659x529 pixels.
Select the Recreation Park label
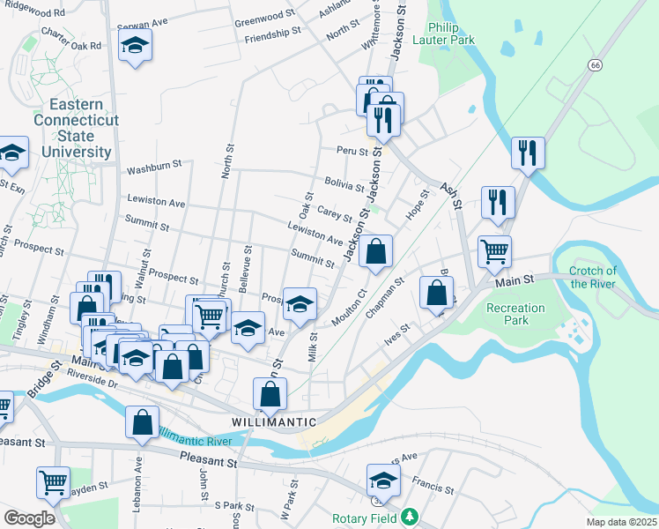[x=515, y=314]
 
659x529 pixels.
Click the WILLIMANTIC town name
[x=274, y=422]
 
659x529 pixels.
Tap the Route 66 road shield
[x=596, y=65]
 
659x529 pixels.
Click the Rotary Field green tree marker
[x=408, y=517]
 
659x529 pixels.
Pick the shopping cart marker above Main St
[x=494, y=252]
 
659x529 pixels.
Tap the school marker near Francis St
[x=383, y=481]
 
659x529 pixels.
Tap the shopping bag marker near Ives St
[x=437, y=293]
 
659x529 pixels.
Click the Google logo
[x=29, y=518]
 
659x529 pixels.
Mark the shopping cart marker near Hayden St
[x=53, y=483]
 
